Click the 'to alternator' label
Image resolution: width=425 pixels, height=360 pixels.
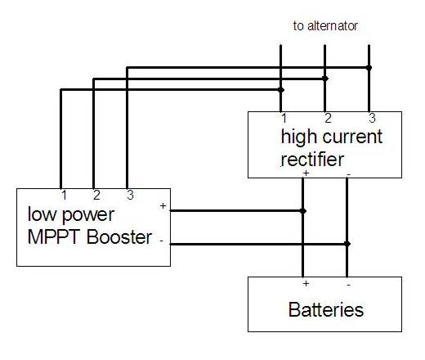325,26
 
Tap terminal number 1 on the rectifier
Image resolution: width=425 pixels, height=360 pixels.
284,119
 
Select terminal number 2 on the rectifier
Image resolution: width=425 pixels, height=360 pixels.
328,118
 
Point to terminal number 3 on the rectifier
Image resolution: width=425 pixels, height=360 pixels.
372,118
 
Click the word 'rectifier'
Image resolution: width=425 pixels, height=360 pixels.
312,159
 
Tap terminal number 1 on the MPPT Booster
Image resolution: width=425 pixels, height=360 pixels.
64,196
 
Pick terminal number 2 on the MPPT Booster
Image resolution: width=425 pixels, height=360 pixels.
96,196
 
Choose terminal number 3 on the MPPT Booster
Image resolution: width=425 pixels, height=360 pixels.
130,196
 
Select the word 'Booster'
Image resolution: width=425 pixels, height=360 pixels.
119,236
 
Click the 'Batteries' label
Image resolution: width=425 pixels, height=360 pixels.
326,309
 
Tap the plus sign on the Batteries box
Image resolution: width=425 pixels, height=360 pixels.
306,284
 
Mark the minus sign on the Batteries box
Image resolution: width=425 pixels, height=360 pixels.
349,285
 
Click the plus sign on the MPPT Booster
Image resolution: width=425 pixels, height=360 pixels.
163,205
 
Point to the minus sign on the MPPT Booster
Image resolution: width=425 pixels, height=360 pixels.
162,241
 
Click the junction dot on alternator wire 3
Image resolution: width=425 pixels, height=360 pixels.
369,68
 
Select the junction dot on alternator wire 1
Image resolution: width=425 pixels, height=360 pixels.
281,90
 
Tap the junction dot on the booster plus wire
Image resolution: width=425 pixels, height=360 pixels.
303,211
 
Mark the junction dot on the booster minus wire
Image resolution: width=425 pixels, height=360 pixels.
347,244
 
